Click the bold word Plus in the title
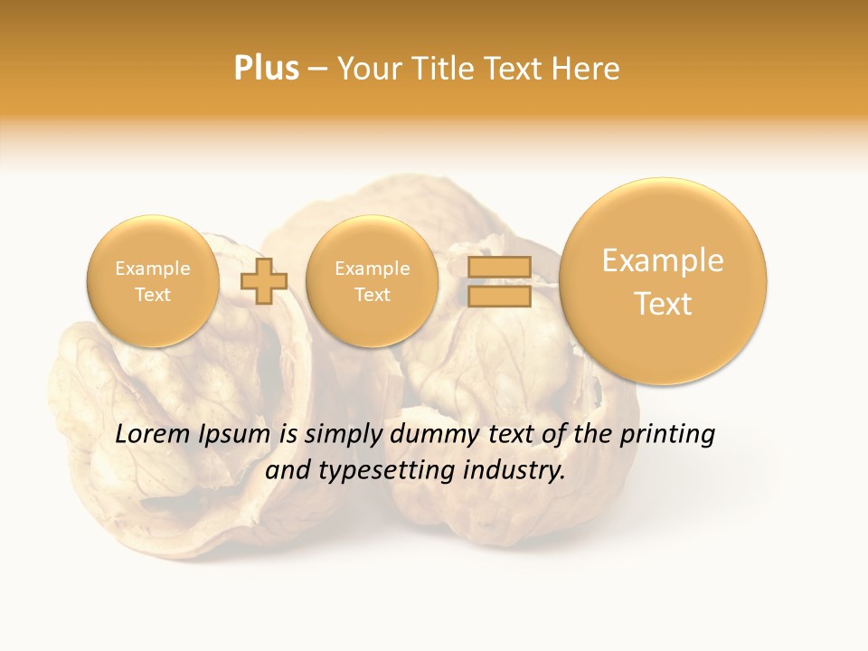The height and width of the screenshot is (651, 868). [x=266, y=68]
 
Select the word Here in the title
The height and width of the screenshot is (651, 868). [x=590, y=69]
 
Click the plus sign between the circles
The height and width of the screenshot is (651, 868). [x=263, y=281]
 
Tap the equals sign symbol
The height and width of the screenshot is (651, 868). [x=498, y=281]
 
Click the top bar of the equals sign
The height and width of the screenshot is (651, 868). [x=498, y=267]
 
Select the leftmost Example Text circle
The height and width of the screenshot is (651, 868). [x=152, y=281]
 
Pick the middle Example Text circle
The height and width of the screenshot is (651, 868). [x=372, y=281]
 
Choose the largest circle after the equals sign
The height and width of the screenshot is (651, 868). [x=663, y=281]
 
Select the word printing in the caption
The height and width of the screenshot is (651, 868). [x=667, y=436]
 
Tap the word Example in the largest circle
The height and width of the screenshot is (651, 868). [x=663, y=261]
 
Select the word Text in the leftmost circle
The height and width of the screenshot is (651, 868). [x=152, y=295]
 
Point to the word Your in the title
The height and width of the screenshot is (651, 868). [x=367, y=69]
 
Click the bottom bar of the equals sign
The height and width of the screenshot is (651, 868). [x=498, y=296]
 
